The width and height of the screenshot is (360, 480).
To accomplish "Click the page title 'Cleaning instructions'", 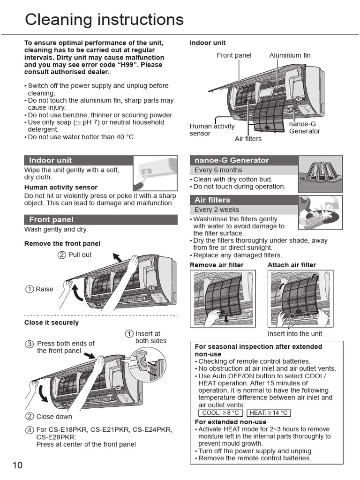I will (104, 20).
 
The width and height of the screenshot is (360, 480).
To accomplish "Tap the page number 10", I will (17, 465).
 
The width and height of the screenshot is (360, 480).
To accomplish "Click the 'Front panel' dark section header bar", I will (101, 219).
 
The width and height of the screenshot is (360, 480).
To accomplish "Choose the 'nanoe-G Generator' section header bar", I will (243, 160).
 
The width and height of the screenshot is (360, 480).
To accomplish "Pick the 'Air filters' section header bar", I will (243, 200).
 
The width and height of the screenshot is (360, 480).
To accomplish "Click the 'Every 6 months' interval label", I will (218, 170).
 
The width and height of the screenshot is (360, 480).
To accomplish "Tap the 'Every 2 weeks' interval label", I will (217, 210).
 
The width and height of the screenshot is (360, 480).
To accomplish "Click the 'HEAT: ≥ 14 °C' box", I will (268, 413).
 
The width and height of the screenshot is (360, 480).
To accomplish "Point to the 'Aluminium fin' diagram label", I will (290, 55).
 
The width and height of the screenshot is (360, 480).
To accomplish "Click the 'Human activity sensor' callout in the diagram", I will (211, 130).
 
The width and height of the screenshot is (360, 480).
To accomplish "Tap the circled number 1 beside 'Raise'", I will (30, 289).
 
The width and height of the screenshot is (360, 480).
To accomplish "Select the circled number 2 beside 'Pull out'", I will (62, 255).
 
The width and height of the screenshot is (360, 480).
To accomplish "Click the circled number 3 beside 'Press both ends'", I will (30, 344).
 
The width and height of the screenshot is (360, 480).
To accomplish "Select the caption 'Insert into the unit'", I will (295, 334).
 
